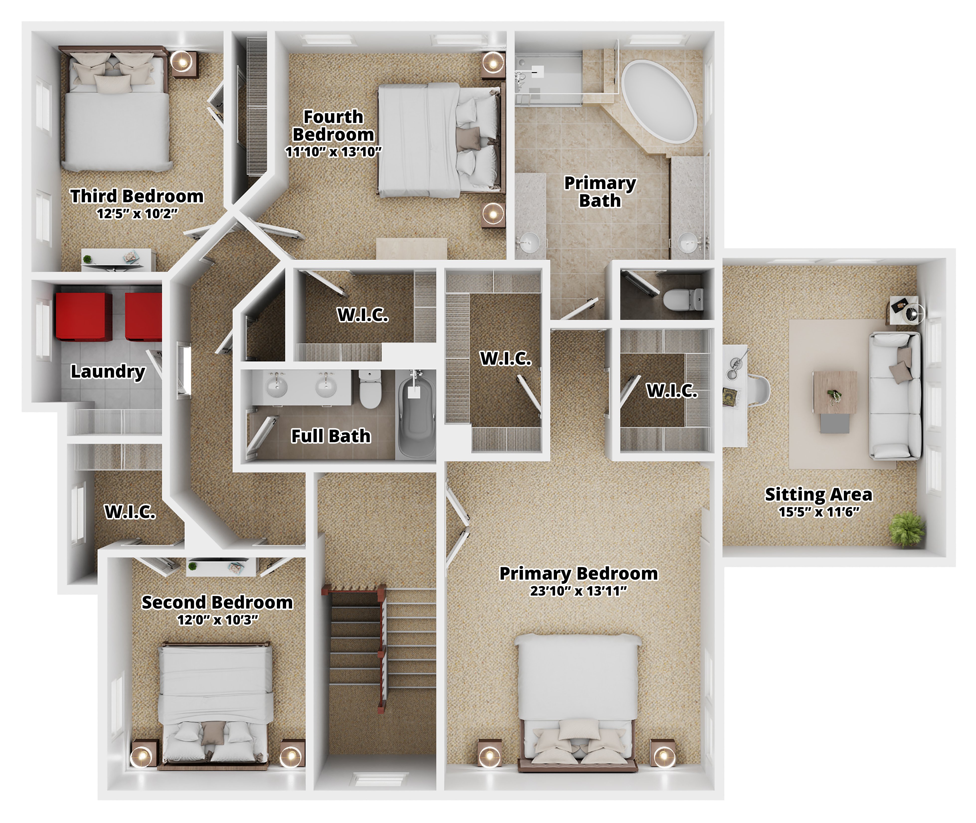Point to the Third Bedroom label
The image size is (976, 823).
pos(137,196)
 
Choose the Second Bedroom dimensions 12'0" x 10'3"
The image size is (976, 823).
pos(217,620)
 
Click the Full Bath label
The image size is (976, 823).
pos(331,436)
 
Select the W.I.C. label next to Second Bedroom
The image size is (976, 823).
pos(130,512)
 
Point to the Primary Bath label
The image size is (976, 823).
pos(600,192)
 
